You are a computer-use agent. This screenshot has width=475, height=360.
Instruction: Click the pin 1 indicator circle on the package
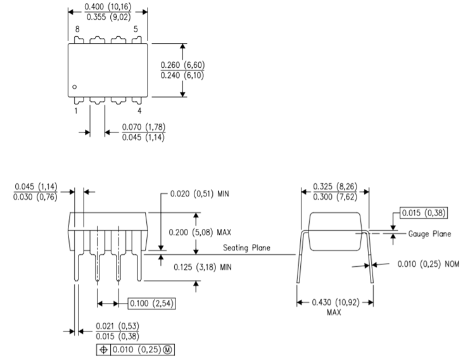tap(74, 87)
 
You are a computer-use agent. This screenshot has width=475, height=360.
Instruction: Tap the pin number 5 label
tap(136, 29)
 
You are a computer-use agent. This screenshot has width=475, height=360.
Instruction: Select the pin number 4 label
tap(139, 111)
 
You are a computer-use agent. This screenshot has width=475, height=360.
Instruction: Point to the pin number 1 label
tap(75, 111)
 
